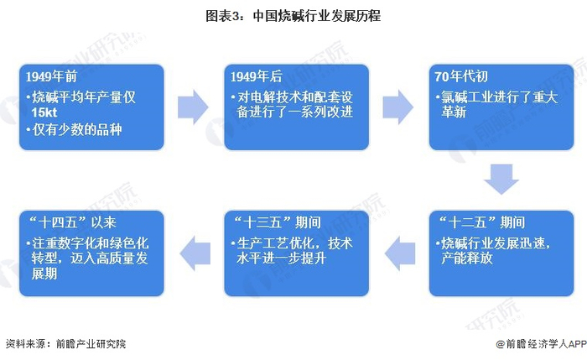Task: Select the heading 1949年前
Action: pyautogui.click(x=53, y=77)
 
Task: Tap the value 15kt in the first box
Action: pyautogui.click(x=45, y=112)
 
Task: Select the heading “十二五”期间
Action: pyautogui.click(x=482, y=222)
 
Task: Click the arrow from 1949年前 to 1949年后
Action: pyautogui.click(x=193, y=107)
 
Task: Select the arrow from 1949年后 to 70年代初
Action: pyautogui.click(x=397, y=107)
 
